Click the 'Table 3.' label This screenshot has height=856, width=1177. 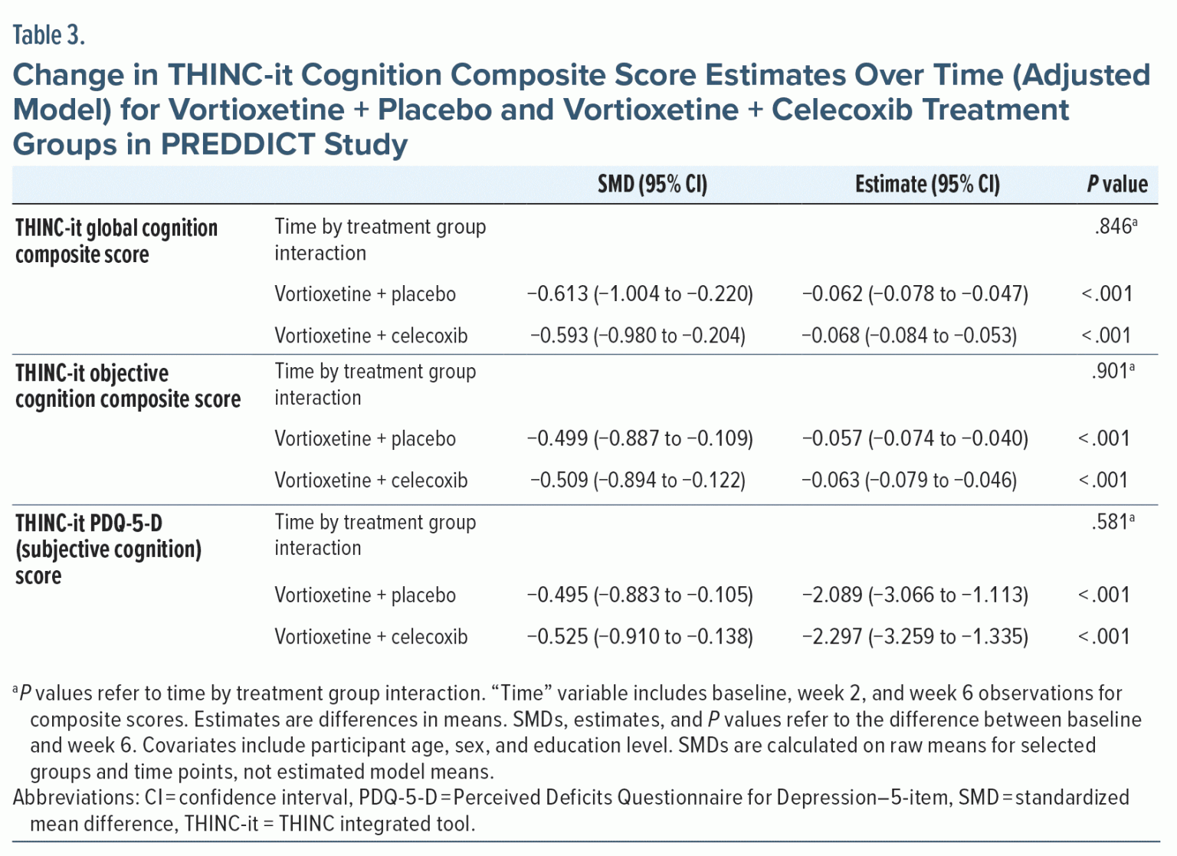pos(48,35)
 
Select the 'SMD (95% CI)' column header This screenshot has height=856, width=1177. pos(652,184)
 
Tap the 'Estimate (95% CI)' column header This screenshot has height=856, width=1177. pos(927,184)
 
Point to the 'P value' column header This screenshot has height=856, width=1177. pos(1116,184)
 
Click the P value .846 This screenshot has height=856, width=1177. pos(1114,226)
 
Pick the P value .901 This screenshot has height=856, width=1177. pos(1111,371)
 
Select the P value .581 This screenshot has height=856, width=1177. pos(1111,522)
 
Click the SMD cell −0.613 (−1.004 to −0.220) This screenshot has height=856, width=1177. pos(640,294)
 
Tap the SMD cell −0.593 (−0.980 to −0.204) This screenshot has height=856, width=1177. pos(638,336)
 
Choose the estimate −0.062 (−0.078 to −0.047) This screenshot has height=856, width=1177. pos(915,294)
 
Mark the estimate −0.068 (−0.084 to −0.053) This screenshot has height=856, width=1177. pos(910,336)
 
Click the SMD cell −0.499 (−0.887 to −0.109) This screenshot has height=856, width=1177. pos(640,438)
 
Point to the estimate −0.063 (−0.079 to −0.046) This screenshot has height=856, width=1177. pos(910,480)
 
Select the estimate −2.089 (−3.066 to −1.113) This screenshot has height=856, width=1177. pos(915,595)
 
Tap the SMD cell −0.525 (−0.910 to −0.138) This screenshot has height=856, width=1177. pos(640,637)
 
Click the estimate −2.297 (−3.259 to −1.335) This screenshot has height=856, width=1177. pos(915,637)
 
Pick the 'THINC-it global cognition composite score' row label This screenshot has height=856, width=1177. pos(116,241)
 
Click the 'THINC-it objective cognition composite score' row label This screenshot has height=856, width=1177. pos(128,385)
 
